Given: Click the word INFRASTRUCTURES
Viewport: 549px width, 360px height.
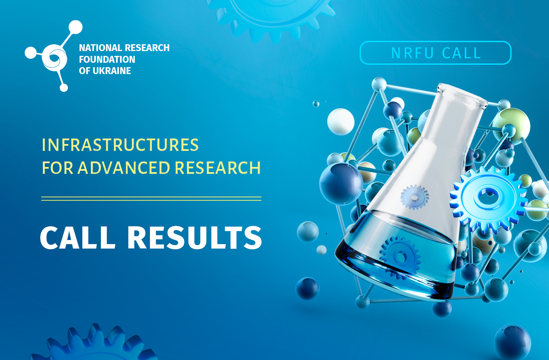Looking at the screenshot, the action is click(120, 145).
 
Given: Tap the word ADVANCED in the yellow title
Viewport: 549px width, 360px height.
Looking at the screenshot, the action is click(124, 168).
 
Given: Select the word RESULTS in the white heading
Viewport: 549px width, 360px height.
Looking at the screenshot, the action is click(195, 237).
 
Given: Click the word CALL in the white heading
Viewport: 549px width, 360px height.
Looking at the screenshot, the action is click(78, 237).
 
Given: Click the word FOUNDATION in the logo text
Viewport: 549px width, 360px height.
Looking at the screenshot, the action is click(107, 59).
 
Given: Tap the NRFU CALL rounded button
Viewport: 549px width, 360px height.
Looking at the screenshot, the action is click(435, 53).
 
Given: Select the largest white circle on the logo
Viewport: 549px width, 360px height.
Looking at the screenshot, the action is click(75, 27).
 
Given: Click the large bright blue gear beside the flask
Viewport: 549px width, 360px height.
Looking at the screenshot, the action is click(488, 199).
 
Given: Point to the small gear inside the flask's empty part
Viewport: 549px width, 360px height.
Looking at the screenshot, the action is click(414, 197).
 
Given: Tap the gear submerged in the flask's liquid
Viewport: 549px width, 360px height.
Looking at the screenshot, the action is click(400, 257).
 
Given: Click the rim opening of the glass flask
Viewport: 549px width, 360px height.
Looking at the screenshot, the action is click(462, 96).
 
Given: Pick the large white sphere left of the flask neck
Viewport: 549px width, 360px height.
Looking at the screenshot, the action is click(341, 122).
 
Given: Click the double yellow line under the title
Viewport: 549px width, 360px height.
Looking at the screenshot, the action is click(151, 199).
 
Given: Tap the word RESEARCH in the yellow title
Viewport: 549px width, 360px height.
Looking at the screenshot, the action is click(218, 168).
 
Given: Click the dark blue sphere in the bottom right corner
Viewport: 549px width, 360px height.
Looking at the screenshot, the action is click(512, 343).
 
